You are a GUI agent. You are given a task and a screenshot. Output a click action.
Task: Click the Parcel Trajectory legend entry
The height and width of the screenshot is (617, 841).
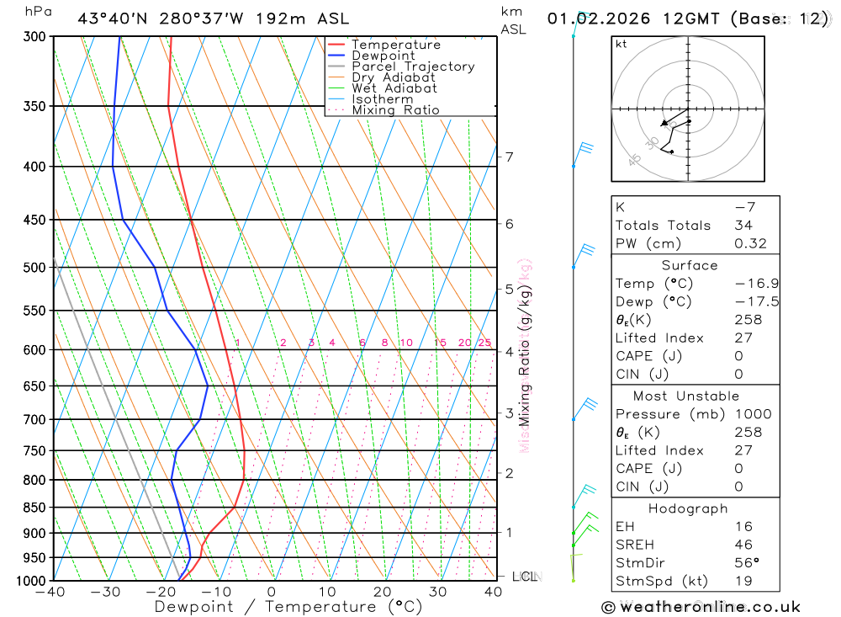tap(413, 66)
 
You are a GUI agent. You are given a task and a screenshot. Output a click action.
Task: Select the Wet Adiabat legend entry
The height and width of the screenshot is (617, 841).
tap(394, 88)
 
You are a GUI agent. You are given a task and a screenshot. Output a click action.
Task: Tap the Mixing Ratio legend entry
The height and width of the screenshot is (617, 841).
tap(395, 110)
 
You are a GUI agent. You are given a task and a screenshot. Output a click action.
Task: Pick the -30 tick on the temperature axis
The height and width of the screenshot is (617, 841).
tap(106, 593)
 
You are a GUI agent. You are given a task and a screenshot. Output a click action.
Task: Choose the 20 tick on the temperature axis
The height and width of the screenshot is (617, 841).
tap(383, 593)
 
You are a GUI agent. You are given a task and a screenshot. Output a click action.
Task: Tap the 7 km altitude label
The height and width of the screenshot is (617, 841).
tap(509, 157)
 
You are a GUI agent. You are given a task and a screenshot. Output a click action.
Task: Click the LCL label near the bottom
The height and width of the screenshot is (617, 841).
tap(525, 577)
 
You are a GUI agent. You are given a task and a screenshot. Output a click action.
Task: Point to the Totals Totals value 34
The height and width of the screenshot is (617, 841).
tap(743, 226)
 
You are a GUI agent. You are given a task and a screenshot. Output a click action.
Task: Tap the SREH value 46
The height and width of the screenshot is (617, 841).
tap(743, 545)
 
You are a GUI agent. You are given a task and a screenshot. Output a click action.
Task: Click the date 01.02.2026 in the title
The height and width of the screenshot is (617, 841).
tap(589, 19)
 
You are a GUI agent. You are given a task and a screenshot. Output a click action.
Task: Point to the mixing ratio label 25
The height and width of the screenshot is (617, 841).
tap(484, 343)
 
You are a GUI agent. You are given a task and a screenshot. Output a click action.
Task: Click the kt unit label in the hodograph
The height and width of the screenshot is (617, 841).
tap(621, 44)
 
